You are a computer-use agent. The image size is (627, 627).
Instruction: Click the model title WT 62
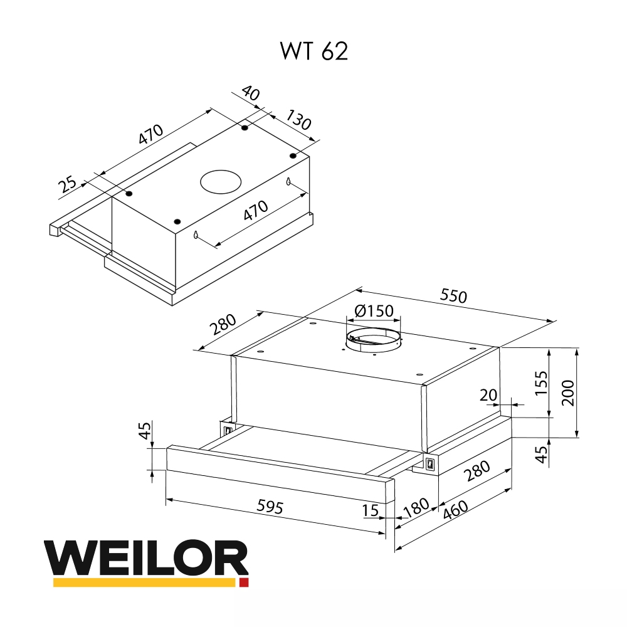pyautogui.click(x=313, y=51)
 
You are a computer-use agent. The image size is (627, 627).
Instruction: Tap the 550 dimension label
pyautogui.click(x=453, y=295)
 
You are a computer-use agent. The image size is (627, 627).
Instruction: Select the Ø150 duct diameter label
pyautogui.click(x=373, y=311)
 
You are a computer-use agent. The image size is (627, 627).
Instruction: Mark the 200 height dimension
pyautogui.click(x=568, y=393)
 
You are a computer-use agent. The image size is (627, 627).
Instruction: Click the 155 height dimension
pyautogui.click(x=541, y=384)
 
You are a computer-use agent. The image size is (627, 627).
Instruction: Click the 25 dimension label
pyautogui.click(x=68, y=185)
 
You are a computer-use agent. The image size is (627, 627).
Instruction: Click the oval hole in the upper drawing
pyautogui.click(x=220, y=182)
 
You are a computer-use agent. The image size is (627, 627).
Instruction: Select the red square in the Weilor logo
pyautogui.click(x=244, y=582)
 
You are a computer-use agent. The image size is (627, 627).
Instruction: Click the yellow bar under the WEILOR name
pyautogui.click(x=144, y=582)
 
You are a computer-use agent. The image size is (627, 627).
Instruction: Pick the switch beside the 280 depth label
pyautogui.click(x=430, y=464)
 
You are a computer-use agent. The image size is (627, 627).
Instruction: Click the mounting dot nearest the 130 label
pyautogui.click(x=293, y=155)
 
